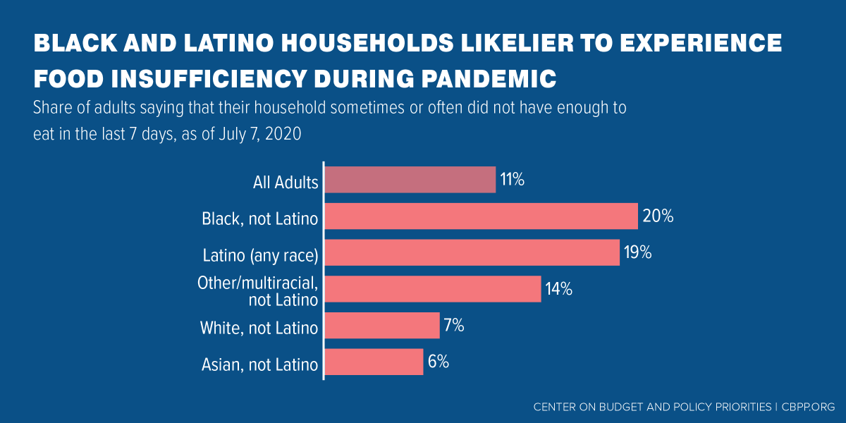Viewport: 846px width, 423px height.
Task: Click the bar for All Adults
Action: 410,180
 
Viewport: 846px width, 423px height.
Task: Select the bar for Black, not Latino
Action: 481,216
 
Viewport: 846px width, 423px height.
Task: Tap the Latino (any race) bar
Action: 472,253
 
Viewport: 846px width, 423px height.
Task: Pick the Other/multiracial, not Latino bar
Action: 432,289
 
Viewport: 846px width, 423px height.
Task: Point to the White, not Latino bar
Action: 381,326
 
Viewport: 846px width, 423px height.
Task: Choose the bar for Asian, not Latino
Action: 374,362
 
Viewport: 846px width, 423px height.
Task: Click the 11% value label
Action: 513,180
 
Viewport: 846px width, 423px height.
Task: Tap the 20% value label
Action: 658,216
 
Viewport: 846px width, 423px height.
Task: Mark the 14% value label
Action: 558,289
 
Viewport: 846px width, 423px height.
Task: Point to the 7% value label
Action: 454,326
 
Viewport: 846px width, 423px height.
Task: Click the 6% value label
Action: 438,362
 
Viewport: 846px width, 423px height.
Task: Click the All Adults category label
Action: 286,183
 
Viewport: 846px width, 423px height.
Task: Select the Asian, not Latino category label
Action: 260,365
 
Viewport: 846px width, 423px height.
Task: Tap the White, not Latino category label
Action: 259,329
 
